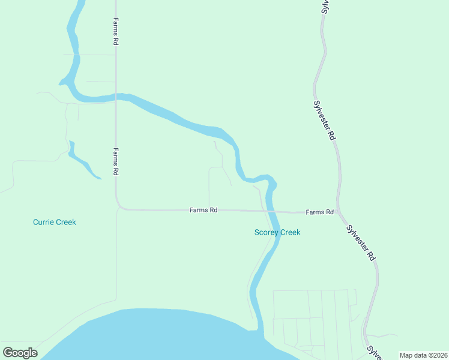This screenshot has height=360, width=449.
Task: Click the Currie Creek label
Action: pos(55,222)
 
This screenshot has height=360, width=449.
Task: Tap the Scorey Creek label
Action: pos(277,232)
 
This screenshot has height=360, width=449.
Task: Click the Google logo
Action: pos(20,352)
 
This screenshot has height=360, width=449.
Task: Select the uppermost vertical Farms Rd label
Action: pos(115,31)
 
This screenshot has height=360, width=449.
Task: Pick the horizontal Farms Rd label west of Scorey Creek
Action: pos(203,210)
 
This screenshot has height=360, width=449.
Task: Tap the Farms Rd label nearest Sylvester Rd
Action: pos(319,212)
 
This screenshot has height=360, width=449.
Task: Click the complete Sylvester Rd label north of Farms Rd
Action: pos(324,119)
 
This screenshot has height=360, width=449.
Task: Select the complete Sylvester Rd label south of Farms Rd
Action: pos(361,242)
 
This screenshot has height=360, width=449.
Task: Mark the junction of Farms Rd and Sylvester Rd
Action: pos(338,212)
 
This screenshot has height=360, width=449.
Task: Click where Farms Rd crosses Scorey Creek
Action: pos(269,211)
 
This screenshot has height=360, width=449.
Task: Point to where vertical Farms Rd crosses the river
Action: pos(116,96)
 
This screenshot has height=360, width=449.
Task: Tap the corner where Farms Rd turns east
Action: pos(119,208)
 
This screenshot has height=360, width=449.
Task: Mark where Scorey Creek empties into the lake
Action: pos(260,330)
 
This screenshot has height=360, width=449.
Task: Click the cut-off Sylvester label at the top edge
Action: pos(324,6)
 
